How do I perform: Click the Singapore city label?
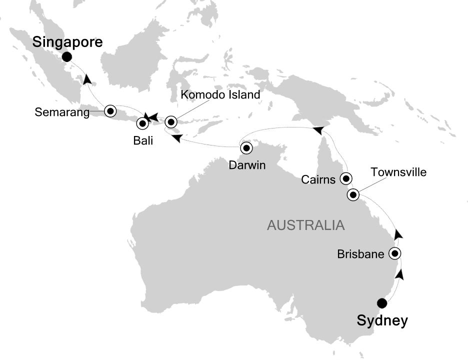(67, 42)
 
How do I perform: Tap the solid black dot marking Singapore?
(66, 58)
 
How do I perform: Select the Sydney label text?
(382, 320)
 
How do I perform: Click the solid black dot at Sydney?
(382, 302)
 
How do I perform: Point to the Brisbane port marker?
(395, 253)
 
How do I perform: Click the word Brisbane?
(360, 254)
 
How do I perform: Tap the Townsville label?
(398, 172)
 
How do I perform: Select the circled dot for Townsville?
(353, 195)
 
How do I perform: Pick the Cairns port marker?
(345, 177)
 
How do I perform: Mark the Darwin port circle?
(246, 148)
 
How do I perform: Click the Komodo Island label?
(220, 94)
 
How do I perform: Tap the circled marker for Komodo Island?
(171, 121)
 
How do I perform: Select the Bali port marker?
(142, 122)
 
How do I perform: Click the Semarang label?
(62, 112)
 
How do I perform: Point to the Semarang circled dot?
(109, 110)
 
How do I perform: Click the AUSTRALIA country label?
(305, 225)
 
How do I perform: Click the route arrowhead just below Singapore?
(87, 79)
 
